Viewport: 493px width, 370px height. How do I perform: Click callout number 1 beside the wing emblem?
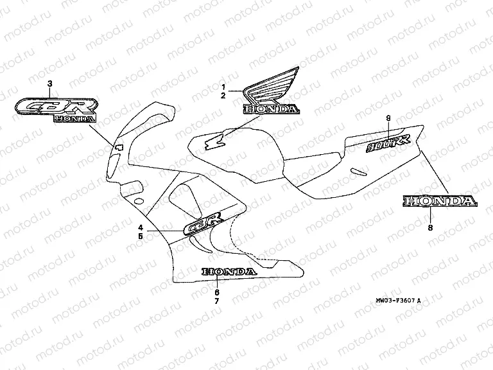223,86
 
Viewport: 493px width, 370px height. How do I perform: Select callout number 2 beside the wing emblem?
223,96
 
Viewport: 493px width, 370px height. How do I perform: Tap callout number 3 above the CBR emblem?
51,84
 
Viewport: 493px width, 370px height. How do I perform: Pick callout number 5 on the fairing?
139,236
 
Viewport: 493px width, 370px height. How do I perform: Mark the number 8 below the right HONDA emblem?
431,227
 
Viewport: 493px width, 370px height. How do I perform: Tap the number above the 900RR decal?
389,118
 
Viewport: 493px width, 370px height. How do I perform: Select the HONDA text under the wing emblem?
270,109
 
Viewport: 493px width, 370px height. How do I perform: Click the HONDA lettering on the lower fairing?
229,272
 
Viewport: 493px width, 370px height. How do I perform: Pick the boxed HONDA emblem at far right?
440,202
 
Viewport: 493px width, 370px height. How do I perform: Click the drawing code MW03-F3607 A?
399,300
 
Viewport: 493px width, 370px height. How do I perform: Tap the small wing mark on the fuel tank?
214,143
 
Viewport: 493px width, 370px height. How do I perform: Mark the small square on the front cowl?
118,148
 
